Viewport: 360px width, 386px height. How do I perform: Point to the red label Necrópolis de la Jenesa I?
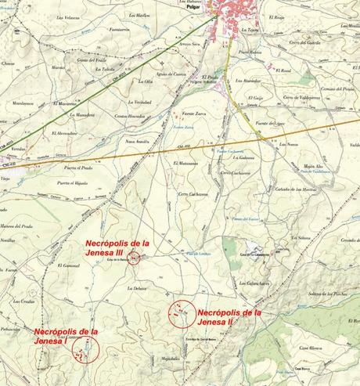(67, 337)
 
